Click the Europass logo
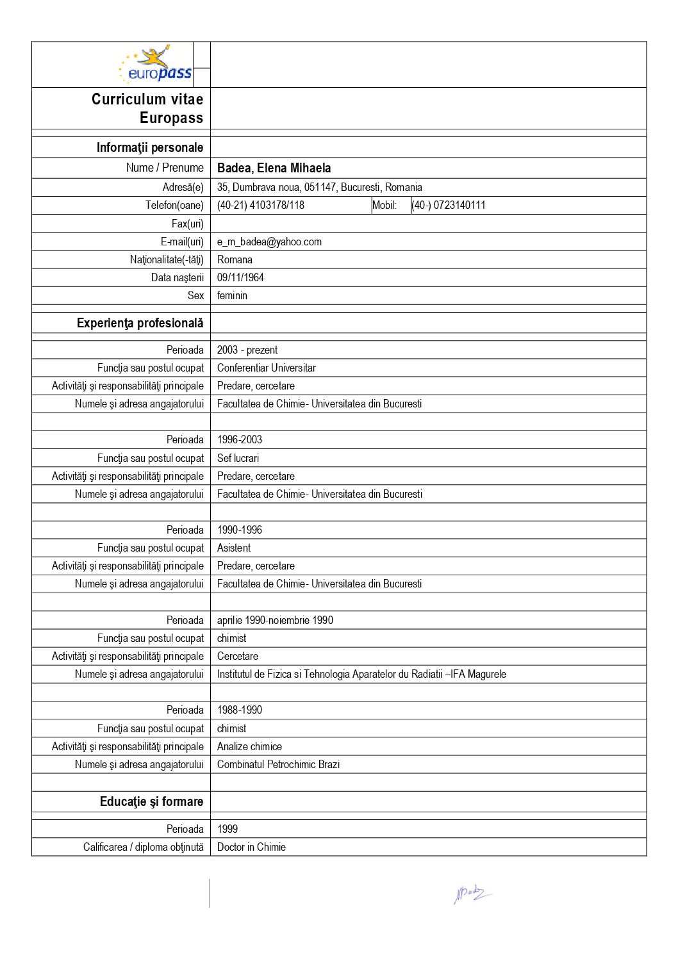156,65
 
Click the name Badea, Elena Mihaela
274,168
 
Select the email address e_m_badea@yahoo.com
269,242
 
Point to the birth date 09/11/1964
240,277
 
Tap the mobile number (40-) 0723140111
449,205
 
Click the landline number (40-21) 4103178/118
261,205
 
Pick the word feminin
232,295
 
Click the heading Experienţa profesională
140,323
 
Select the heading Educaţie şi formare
151,801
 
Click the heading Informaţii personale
150,147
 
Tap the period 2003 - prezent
247,350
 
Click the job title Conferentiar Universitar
267,368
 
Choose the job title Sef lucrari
238,458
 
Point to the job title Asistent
234,548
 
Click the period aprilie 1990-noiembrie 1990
275,620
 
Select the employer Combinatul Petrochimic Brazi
278,764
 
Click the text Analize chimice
249,746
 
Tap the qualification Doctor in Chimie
251,847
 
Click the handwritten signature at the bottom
472,893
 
